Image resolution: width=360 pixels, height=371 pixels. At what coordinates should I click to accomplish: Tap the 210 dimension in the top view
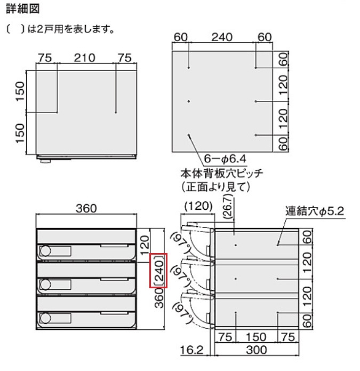(86, 58)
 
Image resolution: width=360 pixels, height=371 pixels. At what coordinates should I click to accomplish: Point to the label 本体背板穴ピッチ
(223, 173)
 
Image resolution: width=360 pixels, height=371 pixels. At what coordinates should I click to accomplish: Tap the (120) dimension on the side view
(198, 206)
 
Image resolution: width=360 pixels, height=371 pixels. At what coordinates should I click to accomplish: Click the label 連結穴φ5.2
(315, 212)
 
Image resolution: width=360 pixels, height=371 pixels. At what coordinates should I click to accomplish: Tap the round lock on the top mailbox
(45, 250)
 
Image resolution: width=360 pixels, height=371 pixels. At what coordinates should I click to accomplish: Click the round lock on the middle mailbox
(45, 283)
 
